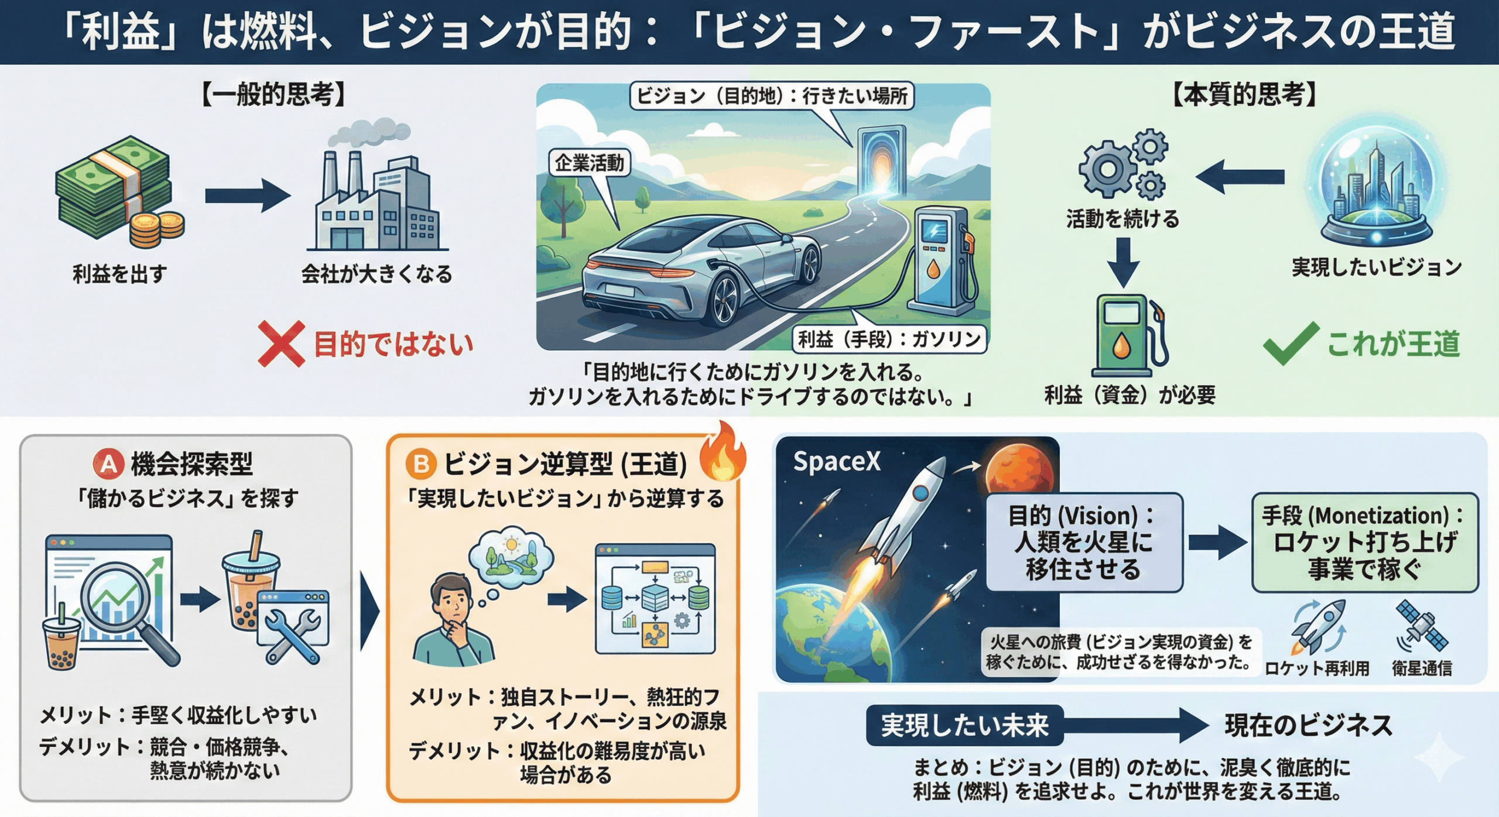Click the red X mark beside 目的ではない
281,344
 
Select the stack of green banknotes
114,187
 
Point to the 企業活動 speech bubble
589,163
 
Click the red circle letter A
109,464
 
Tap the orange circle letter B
421,464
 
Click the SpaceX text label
836,462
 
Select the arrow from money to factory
247,195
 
